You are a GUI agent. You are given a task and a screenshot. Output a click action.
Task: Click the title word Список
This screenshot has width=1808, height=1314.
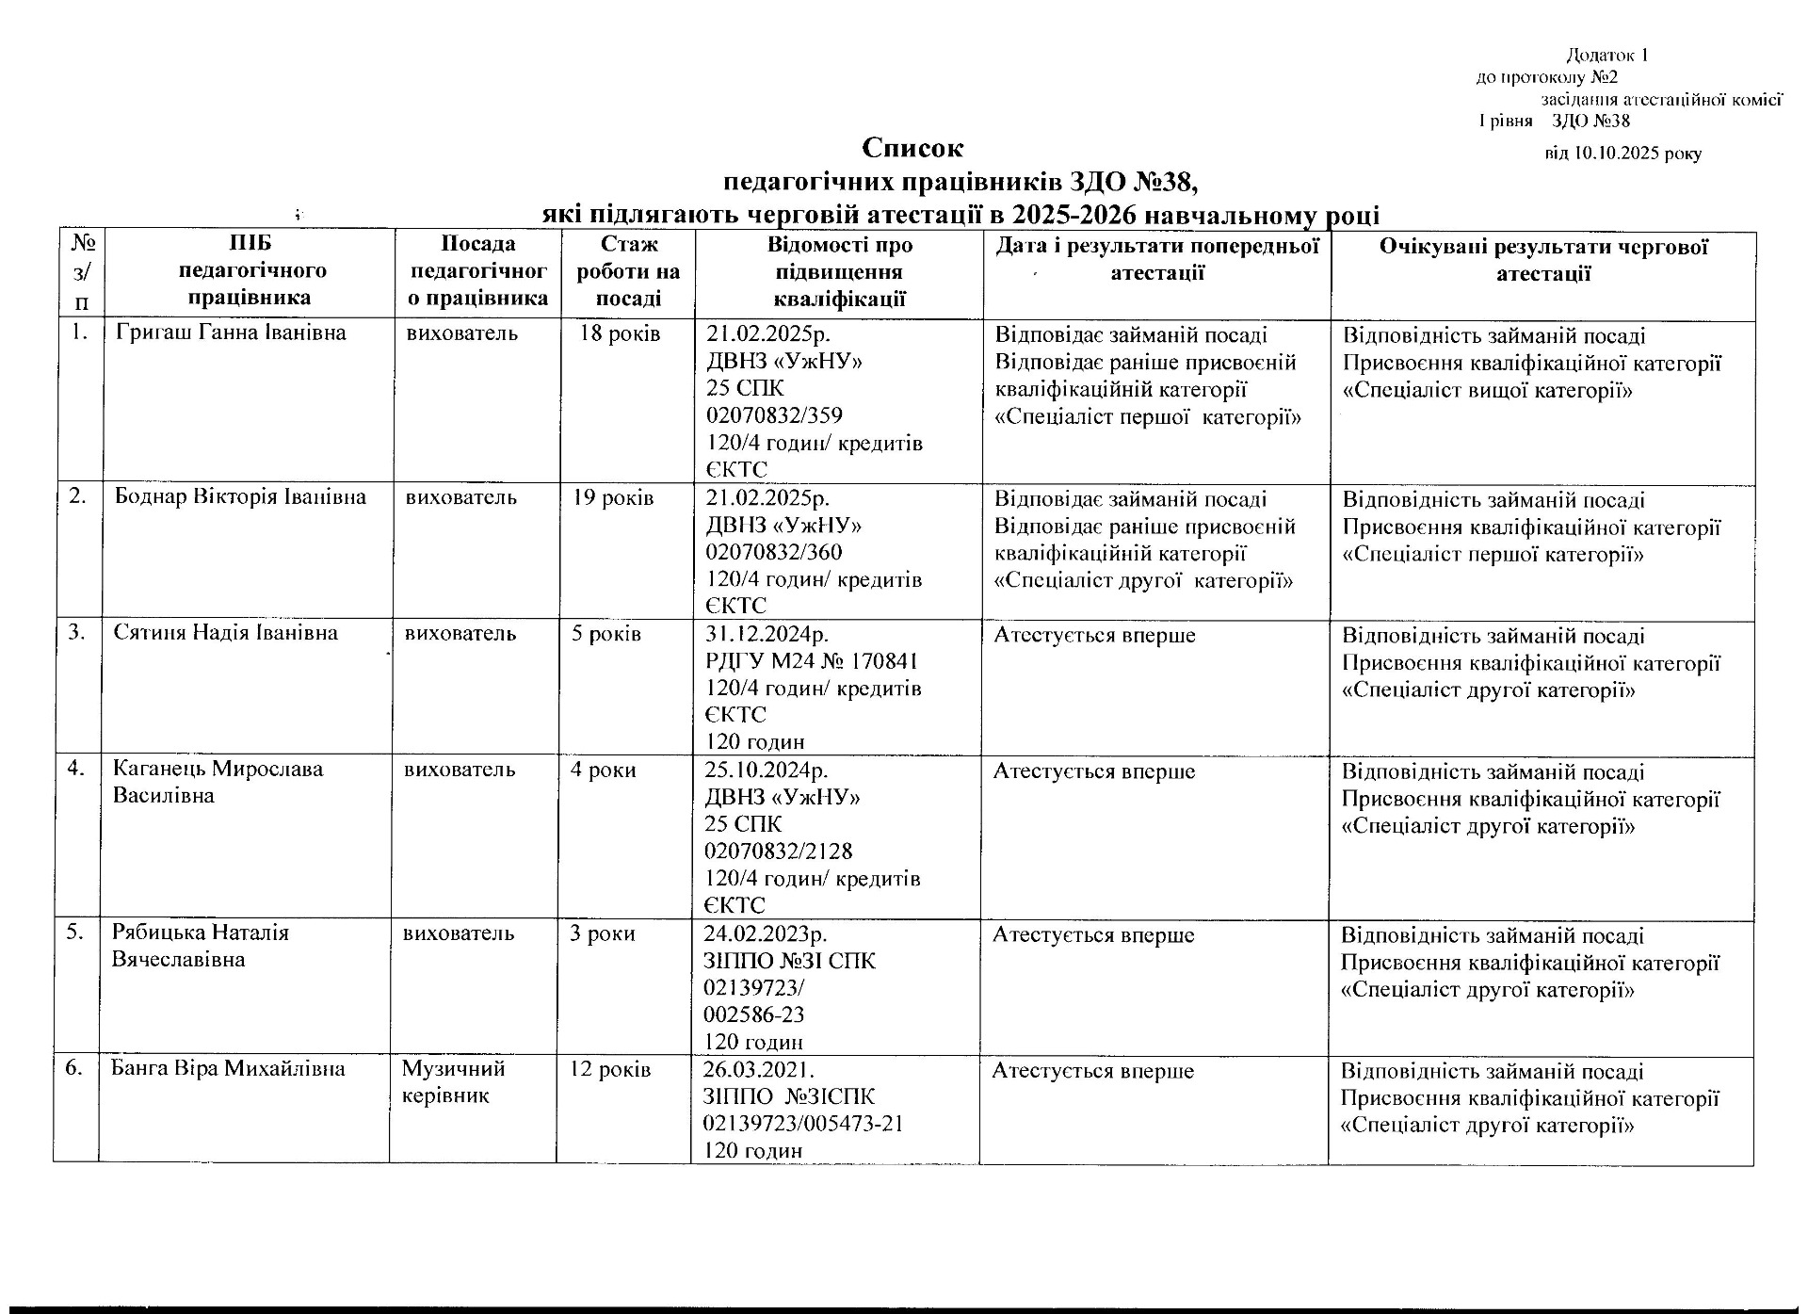912,149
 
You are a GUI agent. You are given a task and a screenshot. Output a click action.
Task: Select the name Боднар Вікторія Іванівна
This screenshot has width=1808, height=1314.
240,496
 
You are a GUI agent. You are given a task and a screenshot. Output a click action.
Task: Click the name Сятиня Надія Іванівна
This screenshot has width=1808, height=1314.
225,632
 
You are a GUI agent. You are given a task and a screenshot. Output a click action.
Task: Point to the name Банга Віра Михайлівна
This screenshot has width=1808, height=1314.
228,1068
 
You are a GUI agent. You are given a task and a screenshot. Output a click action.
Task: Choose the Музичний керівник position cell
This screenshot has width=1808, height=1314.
453,1082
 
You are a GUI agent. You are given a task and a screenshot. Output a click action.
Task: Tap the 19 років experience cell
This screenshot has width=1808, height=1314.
613,497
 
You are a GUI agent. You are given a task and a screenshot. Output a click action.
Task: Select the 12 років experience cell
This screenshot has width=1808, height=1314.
609,1069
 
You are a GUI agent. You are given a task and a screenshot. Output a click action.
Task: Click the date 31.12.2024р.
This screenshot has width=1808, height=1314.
767,633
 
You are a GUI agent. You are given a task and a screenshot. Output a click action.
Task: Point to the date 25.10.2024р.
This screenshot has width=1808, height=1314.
766,770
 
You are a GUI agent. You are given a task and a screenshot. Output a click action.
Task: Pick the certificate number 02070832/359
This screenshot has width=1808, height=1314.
774,415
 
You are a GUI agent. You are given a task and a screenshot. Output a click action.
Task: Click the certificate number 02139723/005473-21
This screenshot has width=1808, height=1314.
803,1124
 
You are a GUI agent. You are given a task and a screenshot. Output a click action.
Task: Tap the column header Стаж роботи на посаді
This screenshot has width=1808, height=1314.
628,272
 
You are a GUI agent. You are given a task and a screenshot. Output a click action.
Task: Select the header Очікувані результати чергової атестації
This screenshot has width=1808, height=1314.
1543,260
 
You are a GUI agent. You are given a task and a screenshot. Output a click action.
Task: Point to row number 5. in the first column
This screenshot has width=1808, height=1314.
79,932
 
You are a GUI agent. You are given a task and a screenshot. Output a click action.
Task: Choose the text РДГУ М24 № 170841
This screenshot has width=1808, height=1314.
812,660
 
